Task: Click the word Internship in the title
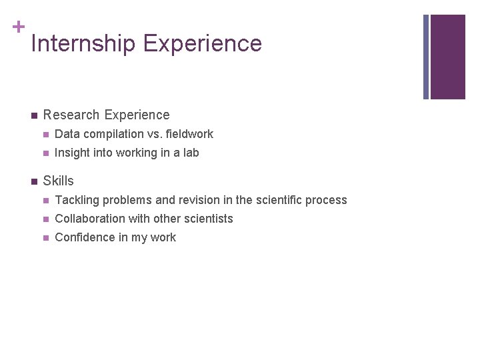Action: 83,44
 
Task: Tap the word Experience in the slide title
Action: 202,44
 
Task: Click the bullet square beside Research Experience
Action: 33,115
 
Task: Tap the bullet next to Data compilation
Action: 45,135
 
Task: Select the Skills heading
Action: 58,181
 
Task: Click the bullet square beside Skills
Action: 33,181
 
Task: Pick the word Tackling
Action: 77,200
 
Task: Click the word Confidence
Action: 84,237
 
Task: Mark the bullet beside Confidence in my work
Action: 45,238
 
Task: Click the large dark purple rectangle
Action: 447,57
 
